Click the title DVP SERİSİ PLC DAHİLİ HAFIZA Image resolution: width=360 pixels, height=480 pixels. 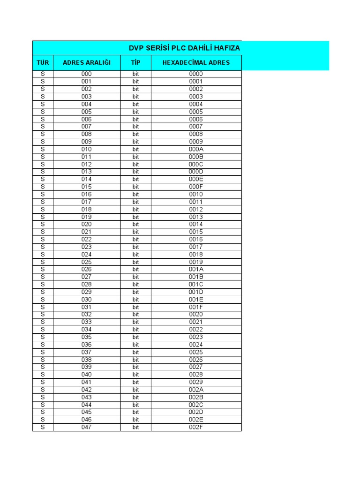(184, 48)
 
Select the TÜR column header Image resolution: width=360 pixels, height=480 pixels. (43, 62)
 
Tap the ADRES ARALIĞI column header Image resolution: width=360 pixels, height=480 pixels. (87, 62)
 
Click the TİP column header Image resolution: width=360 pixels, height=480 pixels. (135, 62)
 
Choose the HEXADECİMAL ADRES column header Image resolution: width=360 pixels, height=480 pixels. (196, 62)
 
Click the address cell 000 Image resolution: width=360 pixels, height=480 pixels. (87, 74)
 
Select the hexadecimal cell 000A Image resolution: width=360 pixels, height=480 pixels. (196, 149)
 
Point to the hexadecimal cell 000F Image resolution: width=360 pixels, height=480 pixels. (196, 187)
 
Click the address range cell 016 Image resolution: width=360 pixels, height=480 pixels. (87, 194)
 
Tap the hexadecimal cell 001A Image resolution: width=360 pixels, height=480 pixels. (196, 270)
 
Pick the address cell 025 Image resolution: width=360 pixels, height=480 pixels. (87, 262)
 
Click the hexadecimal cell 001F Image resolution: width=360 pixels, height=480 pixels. (196, 307)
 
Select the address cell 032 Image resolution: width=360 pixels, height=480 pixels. (87, 315)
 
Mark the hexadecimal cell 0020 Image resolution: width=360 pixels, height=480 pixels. (196, 315)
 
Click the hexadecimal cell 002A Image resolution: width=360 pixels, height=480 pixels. (196, 390)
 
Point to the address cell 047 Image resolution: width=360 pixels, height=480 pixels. (87, 427)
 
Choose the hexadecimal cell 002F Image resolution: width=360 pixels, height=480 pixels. (196, 427)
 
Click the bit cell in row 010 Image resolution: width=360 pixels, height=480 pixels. (135, 149)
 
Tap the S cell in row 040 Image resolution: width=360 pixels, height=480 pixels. (43, 375)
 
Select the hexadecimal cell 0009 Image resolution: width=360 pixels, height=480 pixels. (196, 142)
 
